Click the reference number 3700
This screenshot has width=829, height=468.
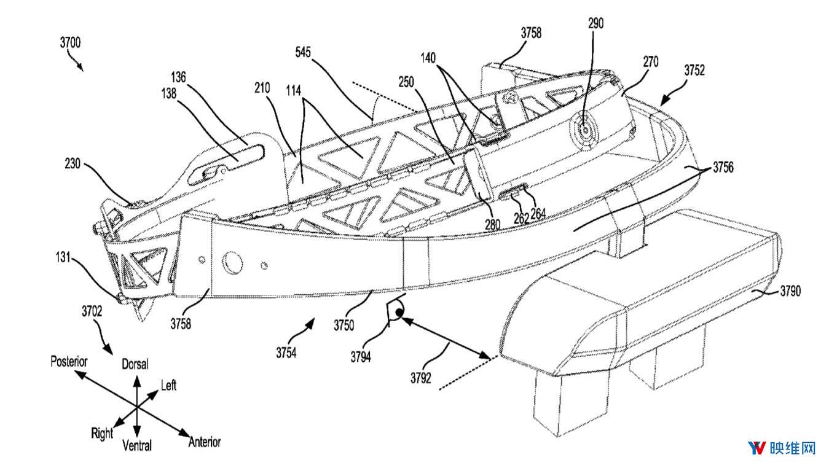[70, 43]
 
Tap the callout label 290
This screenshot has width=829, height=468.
[595, 23]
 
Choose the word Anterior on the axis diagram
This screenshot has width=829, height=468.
[205, 442]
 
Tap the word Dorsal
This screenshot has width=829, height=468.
[135, 364]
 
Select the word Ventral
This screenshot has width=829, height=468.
[137, 445]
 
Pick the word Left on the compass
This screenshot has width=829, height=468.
[168, 385]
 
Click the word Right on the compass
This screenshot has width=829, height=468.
[102, 434]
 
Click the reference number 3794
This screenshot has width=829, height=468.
[361, 357]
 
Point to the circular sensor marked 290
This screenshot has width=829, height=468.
[583, 130]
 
